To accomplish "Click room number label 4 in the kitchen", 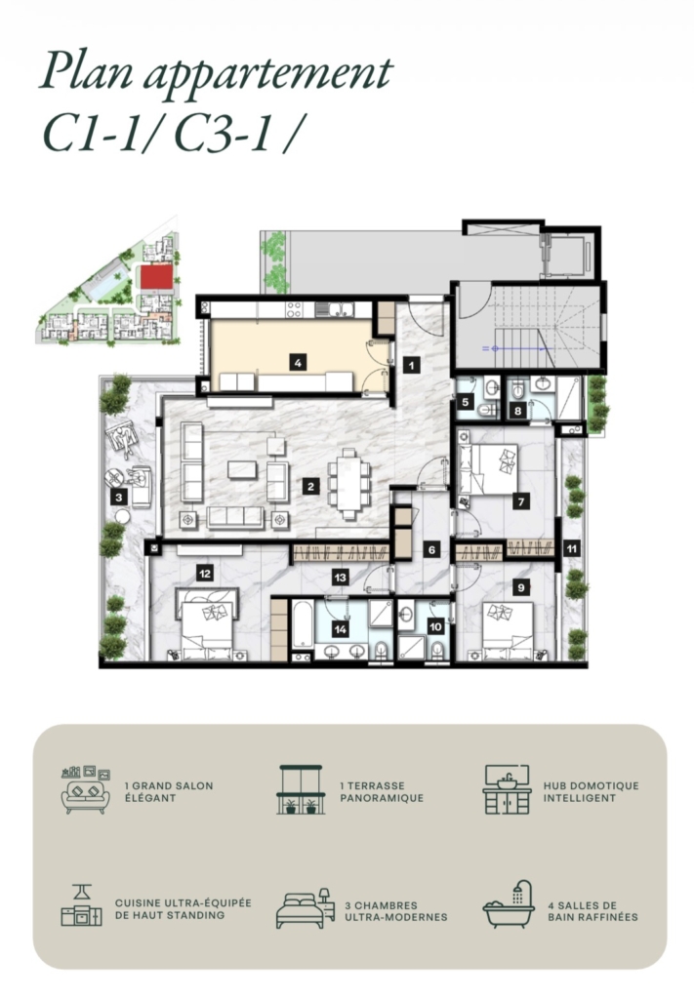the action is pos(297,363).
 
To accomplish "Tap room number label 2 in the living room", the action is pos(310,487).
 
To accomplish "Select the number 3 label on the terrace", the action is pos(119,497).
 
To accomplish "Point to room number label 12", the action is pos(205,574).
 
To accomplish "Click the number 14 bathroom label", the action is pos(341,629).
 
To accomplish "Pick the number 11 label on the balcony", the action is pos(572,548).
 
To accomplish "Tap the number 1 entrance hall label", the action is pos(412,365).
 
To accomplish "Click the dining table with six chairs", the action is pos(347,485).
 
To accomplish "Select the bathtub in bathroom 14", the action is pos(303,623).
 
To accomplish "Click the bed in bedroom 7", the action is pos(488,469).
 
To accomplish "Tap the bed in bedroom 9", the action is pos(509,631).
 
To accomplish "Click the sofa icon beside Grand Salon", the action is pos(86,789).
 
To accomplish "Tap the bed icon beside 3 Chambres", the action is pos(306,908).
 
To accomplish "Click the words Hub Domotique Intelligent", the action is pos(591,792).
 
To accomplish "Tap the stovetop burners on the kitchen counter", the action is pos(294,309).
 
